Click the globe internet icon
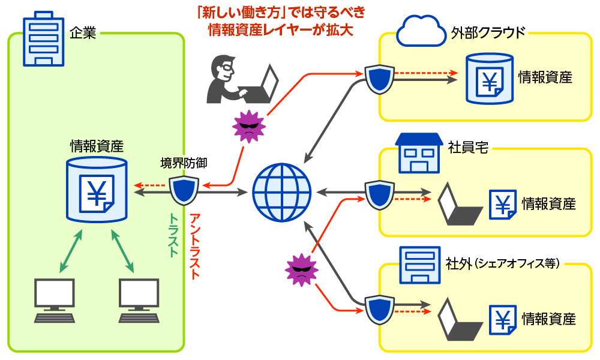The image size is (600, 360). pyautogui.click(x=281, y=192)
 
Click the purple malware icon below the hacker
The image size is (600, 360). pyautogui.click(x=248, y=126)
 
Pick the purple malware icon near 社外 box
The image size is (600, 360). pyautogui.click(x=300, y=269)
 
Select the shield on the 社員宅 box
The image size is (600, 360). pyautogui.click(x=379, y=194)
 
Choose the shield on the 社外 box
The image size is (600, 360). pyautogui.click(x=379, y=309)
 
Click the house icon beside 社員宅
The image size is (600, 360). pyautogui.click(x=419, y=151)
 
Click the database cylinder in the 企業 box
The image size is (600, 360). pyautogui.click(x=97, y=189)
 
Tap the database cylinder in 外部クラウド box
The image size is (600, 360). pyautogui.click(x=490, y=78)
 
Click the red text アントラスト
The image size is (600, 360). pyautogui.click(x=194, y=246)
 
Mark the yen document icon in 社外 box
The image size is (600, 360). pyautogui.click(x=503, y=319)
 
